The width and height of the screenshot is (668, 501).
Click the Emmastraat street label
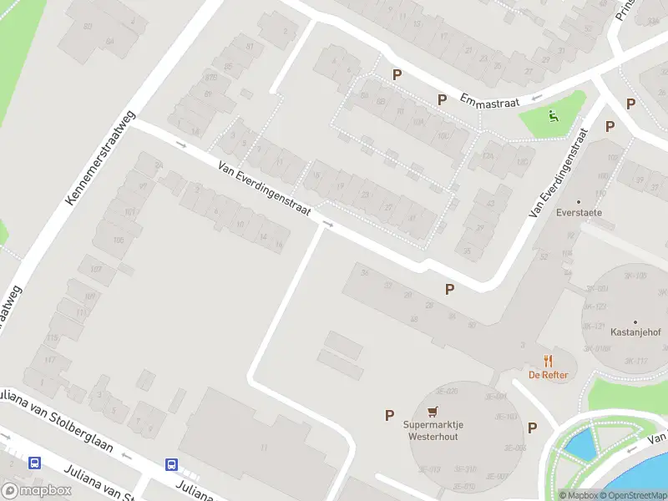coord(490,102)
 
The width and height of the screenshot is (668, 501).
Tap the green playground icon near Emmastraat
coord(552,118)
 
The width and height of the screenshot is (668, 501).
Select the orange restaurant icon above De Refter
coord(548,361)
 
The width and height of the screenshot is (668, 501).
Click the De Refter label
coord(548,375)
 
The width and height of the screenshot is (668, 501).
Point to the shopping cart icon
coord(432,411)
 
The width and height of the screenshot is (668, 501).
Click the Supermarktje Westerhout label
coord(433,430)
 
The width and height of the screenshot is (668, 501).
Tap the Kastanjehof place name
coord(635,332)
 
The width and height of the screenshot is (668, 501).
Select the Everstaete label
coord(579,212)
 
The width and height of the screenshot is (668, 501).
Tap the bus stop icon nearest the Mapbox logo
coord(34,463)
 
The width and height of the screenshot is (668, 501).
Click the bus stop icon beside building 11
coord(171,465)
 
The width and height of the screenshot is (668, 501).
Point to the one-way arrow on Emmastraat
coord(535,97)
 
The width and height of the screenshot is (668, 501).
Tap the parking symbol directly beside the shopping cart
coord(389,415)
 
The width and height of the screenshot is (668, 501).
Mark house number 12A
coord(488,156)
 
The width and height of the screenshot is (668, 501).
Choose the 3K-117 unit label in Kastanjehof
coord(636,361)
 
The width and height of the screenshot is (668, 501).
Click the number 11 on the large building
coord(264,448)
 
